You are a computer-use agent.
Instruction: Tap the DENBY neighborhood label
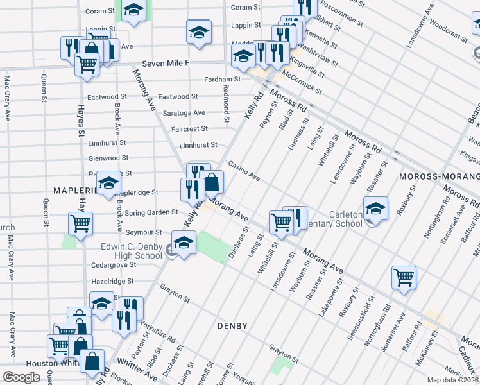pos(232,326)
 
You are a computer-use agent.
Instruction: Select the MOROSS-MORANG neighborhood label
pos(436,176)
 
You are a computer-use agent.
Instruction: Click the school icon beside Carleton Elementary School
pos(375,208)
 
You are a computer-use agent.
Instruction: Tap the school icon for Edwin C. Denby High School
pos(184,244)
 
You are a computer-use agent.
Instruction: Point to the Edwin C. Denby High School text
pos(132,250)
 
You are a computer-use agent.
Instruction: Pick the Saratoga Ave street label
pos(184,112)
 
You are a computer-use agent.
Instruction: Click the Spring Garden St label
pos(152,212)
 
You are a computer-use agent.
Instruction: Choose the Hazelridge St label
pos(112,281)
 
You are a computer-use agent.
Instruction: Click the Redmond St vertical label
pos(227,102)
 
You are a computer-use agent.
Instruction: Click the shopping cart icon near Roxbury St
pos(404,277)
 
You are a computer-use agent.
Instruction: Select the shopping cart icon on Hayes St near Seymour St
pos(81,224)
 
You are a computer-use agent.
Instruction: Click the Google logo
pos(21,377)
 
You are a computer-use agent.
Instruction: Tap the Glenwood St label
pos(108,158)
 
